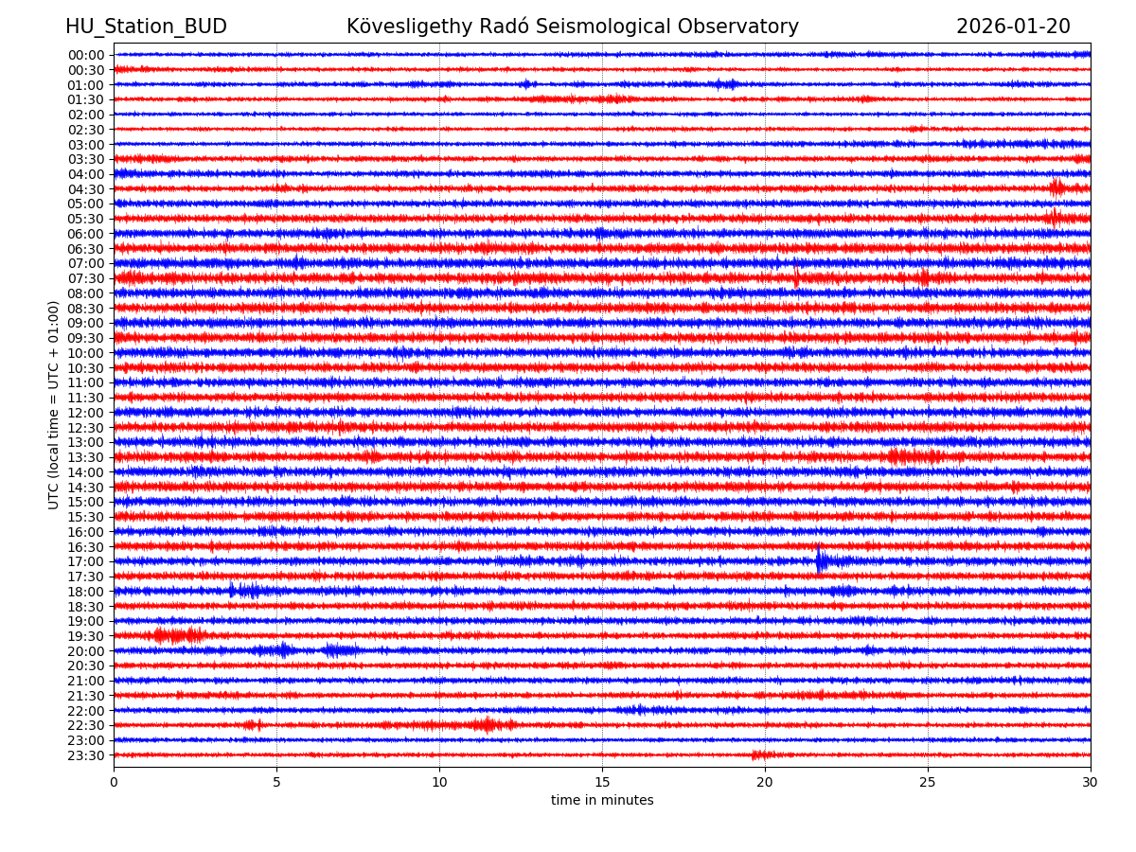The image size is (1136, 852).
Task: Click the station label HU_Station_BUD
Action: (x=146, y=27)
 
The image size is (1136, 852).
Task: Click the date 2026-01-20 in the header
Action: (x=1013, y=27)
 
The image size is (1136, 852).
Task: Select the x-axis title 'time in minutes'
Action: (x=602, y=801)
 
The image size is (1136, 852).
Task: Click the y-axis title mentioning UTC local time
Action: (x=54, y=404)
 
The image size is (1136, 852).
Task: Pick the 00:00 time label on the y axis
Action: (x=86, y=55)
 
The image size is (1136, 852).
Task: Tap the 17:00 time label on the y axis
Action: (x=86, y=561)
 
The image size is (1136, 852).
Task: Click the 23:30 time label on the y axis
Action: (x=86, y=755)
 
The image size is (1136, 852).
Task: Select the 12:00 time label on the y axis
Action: (x=86, y=413)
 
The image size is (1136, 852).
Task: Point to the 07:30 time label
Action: (x=86, y=278)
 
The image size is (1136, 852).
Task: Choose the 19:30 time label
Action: (x=86, y=636)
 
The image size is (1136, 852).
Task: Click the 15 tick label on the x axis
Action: (x=602, y=782)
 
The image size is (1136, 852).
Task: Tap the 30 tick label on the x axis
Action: (x=1091, y=782)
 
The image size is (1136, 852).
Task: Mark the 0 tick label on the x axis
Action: (x=114, y=782)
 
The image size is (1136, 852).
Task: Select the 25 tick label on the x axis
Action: (x=928, y=782)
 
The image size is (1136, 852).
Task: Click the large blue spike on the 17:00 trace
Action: (x=820, y=560)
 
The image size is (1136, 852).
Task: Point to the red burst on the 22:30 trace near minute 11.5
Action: (x=488, y=725)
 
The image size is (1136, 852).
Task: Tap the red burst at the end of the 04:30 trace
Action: (x=1056, y=187)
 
